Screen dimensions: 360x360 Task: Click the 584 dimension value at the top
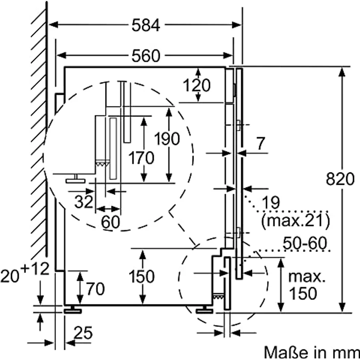pos(146,26)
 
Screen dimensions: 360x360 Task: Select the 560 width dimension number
pos(146,56)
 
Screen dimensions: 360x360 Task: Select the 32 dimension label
pos(84,201)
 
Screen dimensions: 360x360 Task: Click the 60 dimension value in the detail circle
pos(111,222)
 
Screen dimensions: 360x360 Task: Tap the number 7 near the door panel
pos(261,144)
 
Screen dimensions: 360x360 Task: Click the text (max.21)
pos(295,221)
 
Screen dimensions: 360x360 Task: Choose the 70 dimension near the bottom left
pos(95,290)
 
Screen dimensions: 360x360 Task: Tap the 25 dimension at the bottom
pos(84,334)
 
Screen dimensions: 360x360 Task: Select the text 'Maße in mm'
pos(312,352)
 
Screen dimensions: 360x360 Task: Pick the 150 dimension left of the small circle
pos(142,276)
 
